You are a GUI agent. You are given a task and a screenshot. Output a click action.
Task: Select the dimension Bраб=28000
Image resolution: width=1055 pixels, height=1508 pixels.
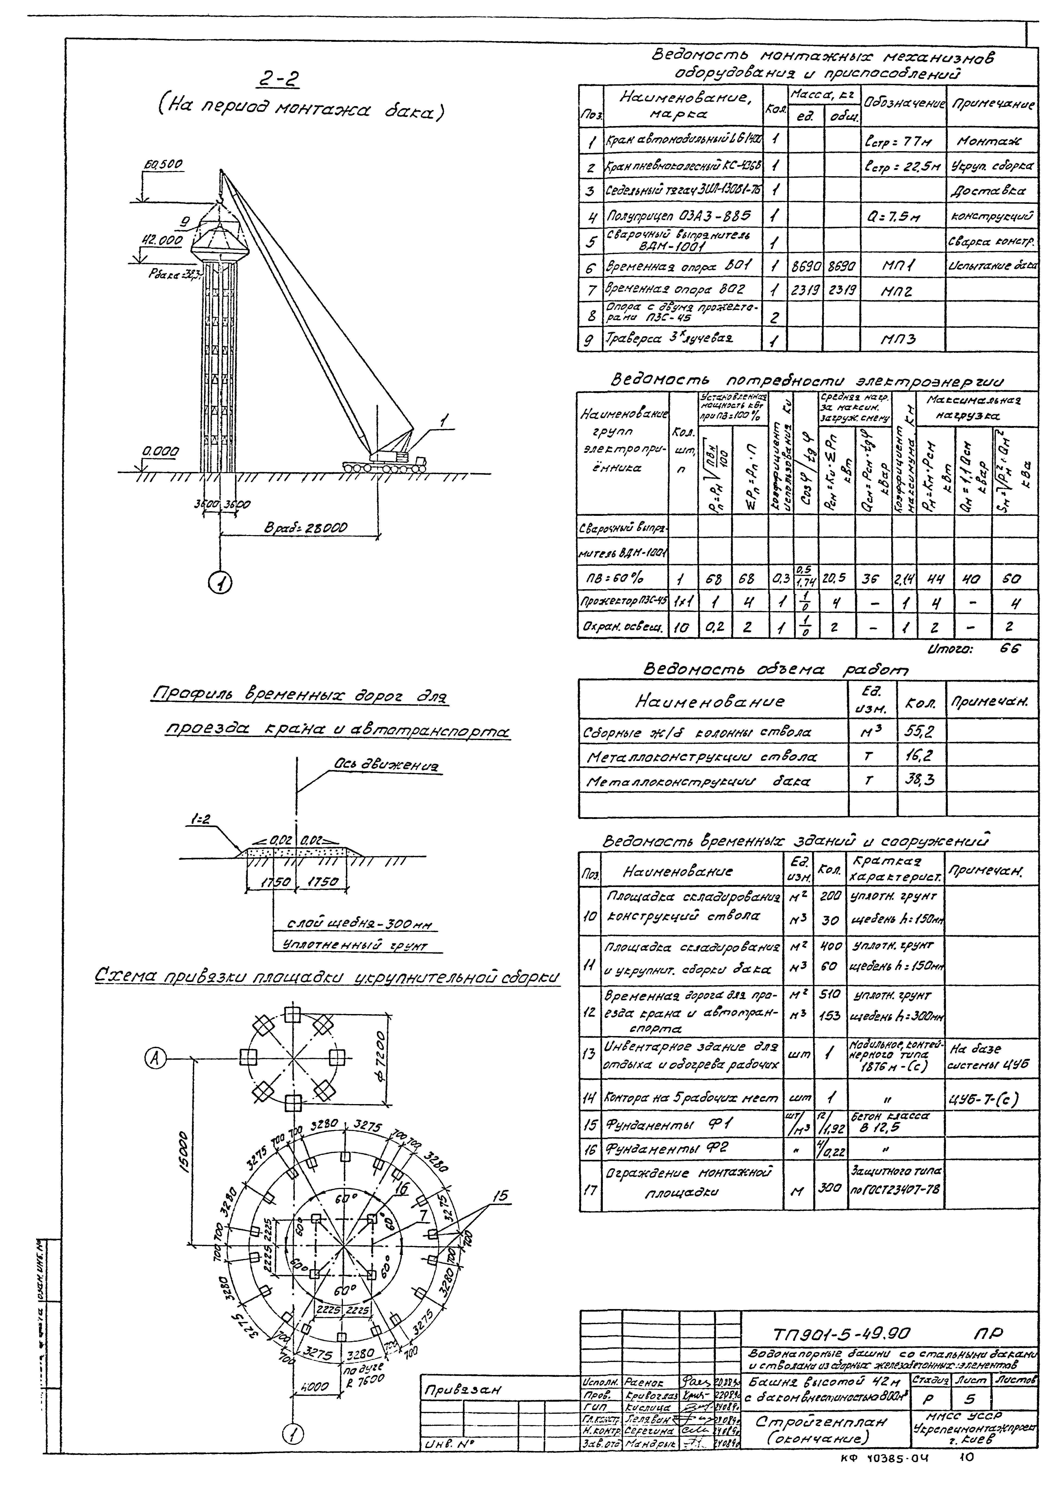click(305, 528)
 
